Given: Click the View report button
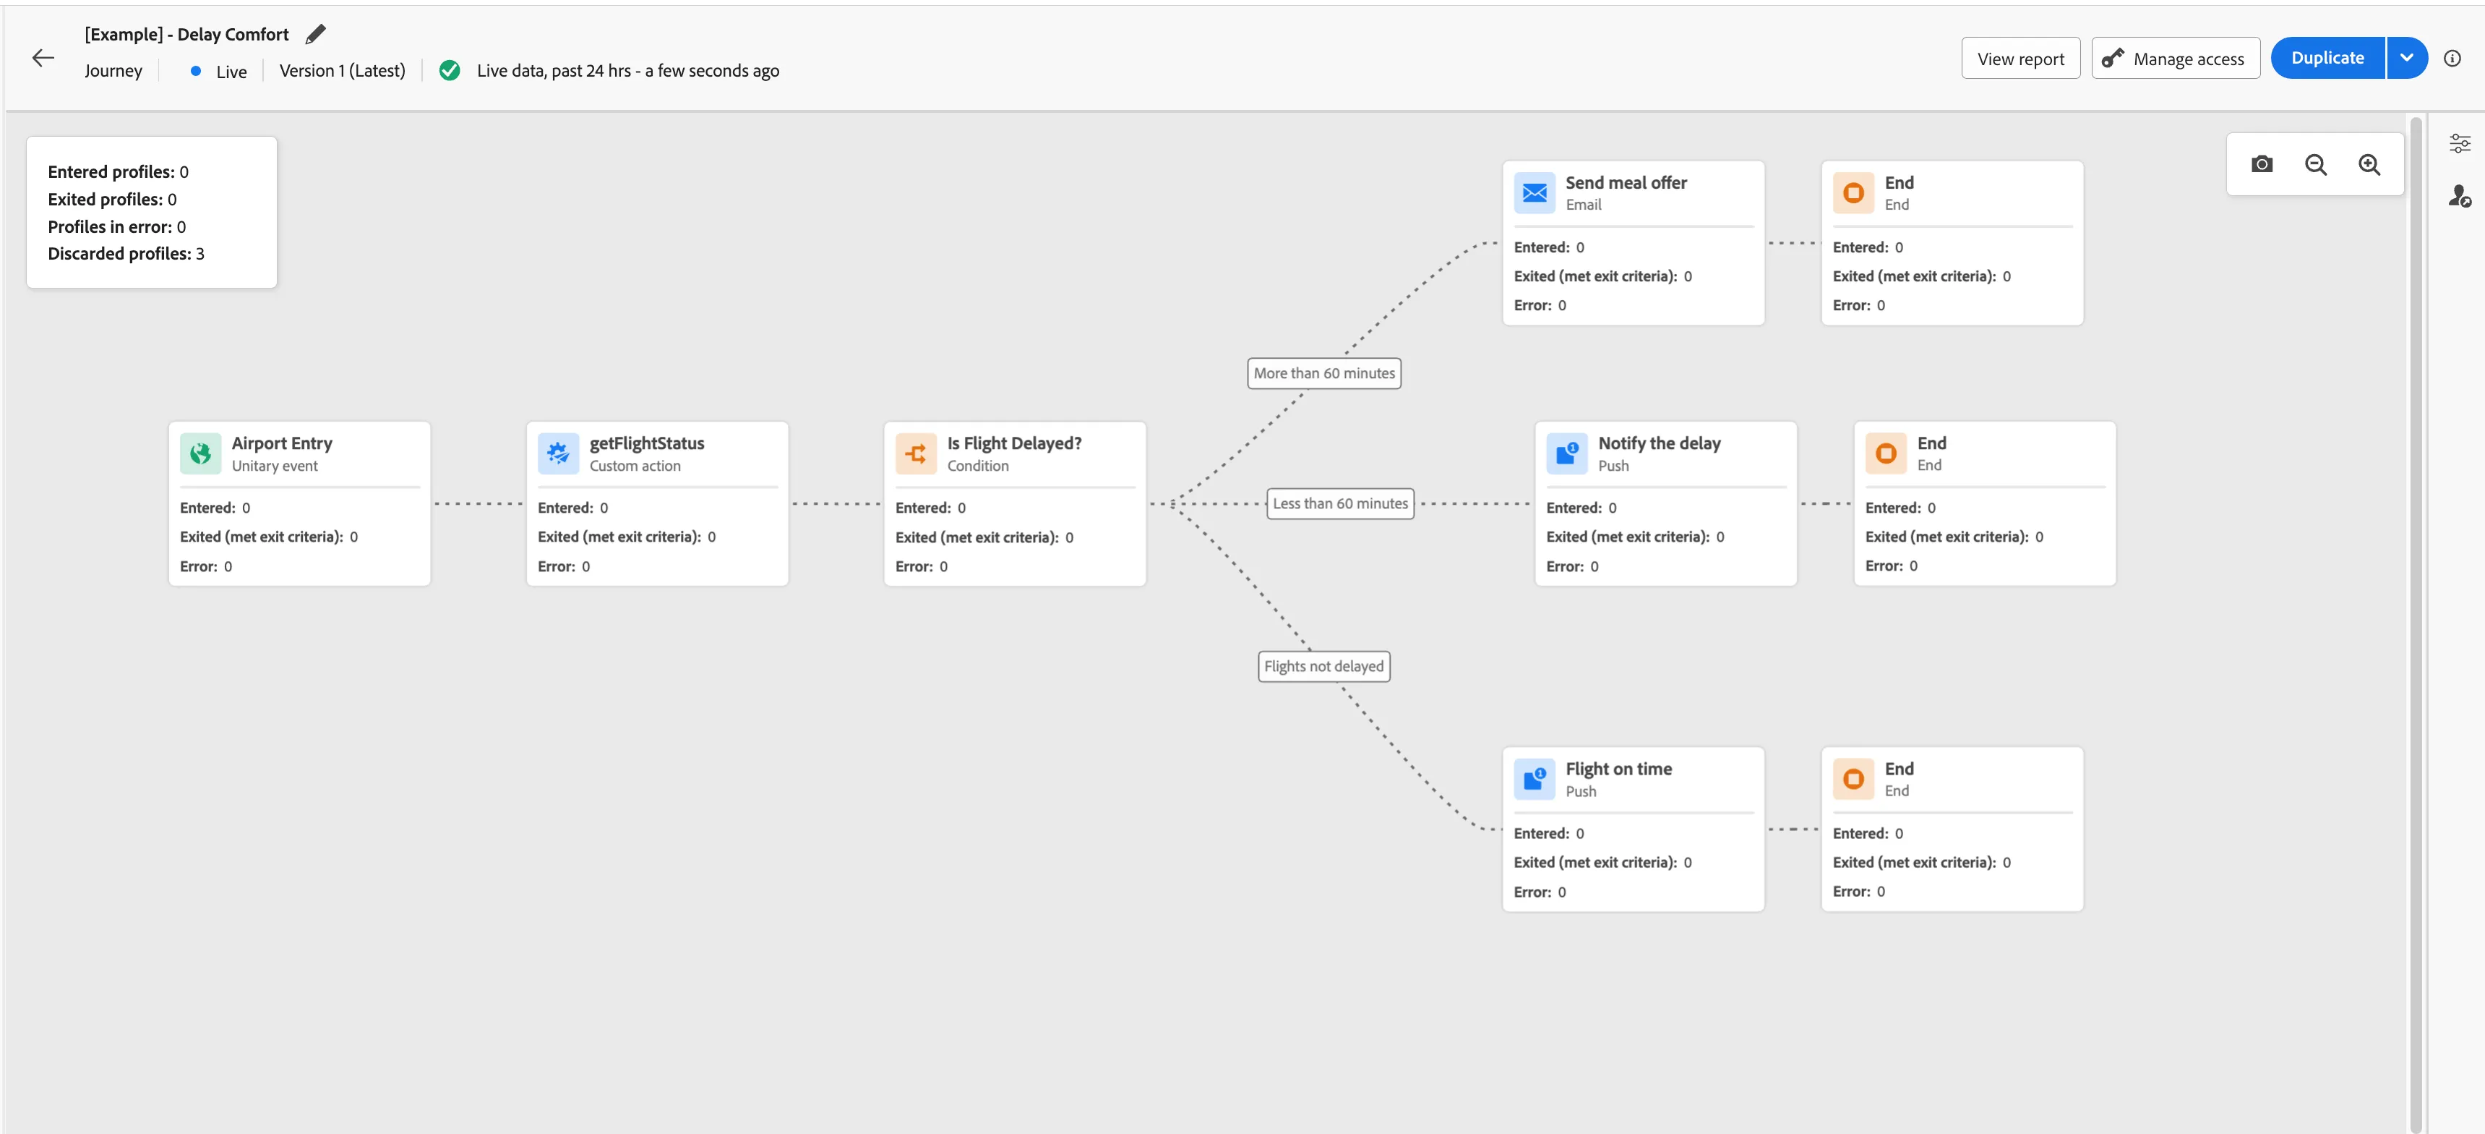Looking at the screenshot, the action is (2020, 59).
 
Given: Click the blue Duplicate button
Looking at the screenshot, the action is (2327, 58).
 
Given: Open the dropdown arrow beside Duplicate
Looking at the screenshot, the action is (2407, 58).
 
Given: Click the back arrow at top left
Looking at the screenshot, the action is (43, 58).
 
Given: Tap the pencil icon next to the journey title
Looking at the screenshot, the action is (315, 34).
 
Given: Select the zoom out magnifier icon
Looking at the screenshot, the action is (2315, 165).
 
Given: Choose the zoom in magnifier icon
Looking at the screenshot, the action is (2369, 165).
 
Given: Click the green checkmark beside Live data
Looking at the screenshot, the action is (450, 70).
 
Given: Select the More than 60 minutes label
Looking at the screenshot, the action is (1323, 373).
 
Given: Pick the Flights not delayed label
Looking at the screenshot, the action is (1323, 667).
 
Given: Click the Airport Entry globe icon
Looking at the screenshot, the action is (201, 453).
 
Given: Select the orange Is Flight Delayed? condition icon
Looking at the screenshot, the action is (916, 453).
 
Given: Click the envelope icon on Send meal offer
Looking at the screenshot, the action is (1534, 193).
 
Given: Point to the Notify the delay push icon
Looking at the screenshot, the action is (1566, 453).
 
